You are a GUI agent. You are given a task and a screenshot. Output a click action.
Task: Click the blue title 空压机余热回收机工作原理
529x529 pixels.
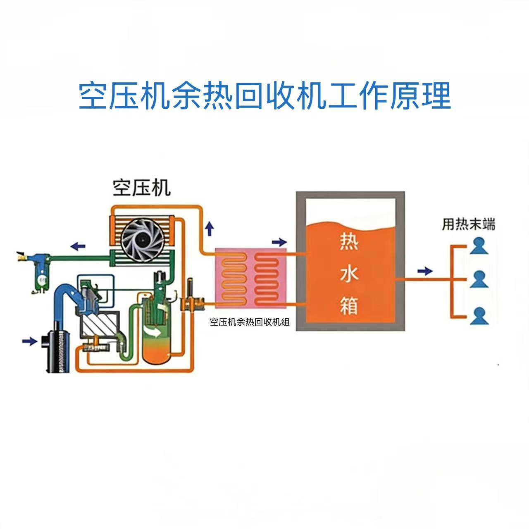[x=264, y=96]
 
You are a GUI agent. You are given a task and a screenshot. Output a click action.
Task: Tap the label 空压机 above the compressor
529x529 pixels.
[x=142, y=188]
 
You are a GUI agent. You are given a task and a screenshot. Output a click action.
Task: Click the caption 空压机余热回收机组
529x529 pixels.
[x=250, y=322]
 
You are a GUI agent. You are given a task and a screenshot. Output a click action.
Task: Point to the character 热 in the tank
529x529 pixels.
[x=349, y=242]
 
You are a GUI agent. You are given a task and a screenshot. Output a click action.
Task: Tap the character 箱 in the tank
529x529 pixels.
[x=349, y=306]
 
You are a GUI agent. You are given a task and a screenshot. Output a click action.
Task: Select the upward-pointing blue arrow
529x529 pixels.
[x=210, y=229]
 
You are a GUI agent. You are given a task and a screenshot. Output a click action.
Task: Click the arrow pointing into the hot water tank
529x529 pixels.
[x=279, y=242]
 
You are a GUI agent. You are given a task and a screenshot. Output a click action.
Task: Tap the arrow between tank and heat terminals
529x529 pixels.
[x=425, y=271]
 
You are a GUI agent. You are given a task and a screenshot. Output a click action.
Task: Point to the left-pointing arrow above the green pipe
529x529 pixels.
[x=78, y=246]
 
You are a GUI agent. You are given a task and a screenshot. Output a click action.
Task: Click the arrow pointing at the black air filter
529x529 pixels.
[x=30, y=341]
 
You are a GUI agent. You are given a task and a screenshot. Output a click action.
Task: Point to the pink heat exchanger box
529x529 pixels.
[x=250, y=279]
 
